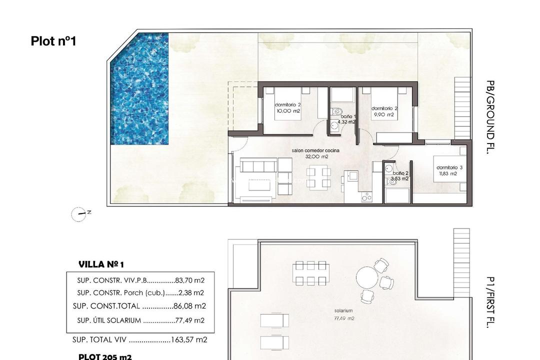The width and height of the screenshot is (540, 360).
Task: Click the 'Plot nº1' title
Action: coord(53,41)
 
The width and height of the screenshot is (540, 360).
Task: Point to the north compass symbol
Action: coord(78,214)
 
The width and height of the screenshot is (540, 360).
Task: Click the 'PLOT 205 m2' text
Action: coord(105,356)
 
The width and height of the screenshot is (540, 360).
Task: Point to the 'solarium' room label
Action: coord(344,310)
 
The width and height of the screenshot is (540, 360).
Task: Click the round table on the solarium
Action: coord(367,278)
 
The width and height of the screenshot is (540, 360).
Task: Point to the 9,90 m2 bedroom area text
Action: coord(383,114)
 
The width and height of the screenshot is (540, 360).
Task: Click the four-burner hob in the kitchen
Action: coord(366,197)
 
